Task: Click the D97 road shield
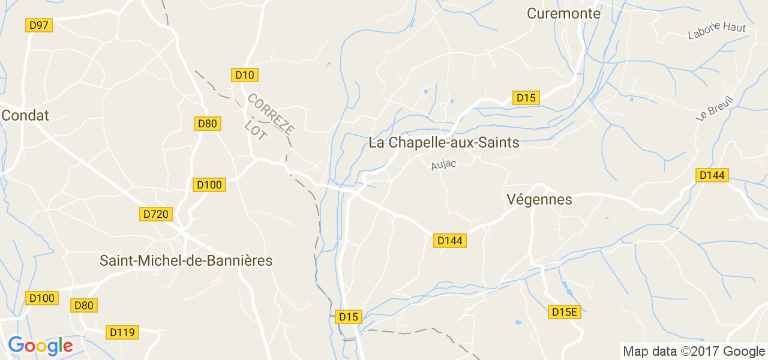pyautogui.click(x=39, y=25)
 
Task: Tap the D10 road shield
pyautogui.click(x=245, y=75)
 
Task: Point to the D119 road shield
pyautogui.click(x=123, y=332)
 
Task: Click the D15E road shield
pyautogui.click(x=565, y=312)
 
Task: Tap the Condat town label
pyautogui.click(x=25, y=115)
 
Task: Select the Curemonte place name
pyautogui.click(x=563, y=13)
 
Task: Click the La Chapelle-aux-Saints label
pyautogui.click(x=443, y=143)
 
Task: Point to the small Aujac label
pyautogui.click(x=443, y=164)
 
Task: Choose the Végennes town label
pyautogui.click(x=539, y=199)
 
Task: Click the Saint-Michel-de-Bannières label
pyautogui.click(x=186, y=261)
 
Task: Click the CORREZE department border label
pyautogui.click(x=271, y=113)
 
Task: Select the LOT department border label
pyautogui.click(x=256, y=130)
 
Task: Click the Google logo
pyautogui.click(x=40, y=346)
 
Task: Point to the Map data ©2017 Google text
pyautogui.click(x=694, y=351)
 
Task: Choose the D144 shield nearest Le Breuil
pyautogui.click(x=712, y=175)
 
